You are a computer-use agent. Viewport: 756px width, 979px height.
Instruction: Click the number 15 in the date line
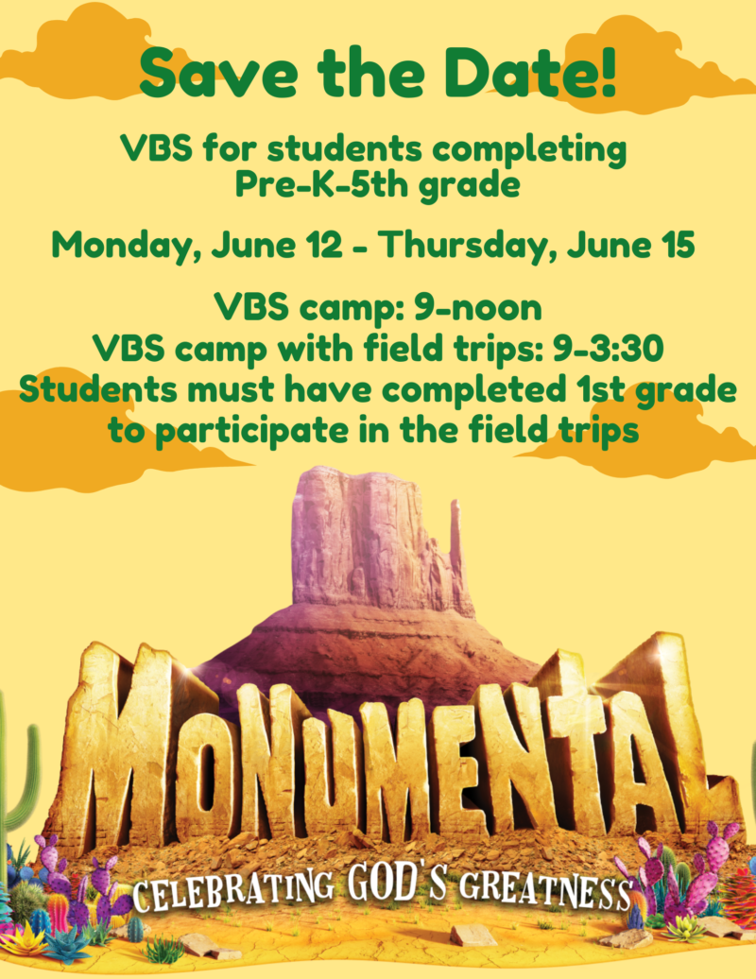pos(679,244)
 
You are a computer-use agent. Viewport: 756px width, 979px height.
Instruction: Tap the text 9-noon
pos(477,307)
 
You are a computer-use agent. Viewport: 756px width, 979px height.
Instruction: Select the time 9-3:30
pos(608,349)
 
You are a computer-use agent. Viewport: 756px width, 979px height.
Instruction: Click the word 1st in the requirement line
pos(596,389)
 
